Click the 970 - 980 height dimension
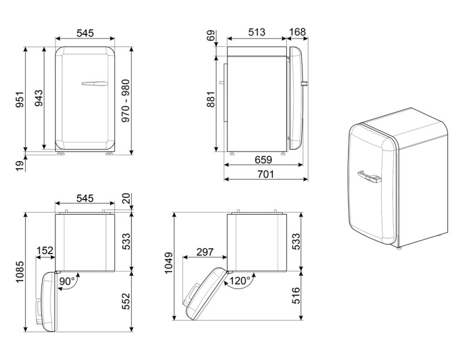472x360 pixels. pyautogui.click(x=126, y=100)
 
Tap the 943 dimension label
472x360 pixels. pyautogui.click(x=38, y=99)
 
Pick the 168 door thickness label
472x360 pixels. pyautogui.click(x=298, y=32)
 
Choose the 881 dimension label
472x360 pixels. pyautogui.click(x=210, y=99)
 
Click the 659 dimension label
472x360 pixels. pyautogui.click(x=263, y=160)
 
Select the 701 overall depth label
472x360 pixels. pyautogui.click(x=265, y=174)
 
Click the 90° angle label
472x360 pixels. pyautogui.click(x=67, y=281)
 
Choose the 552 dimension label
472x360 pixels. pyautogui.click(x=126, y=301)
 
